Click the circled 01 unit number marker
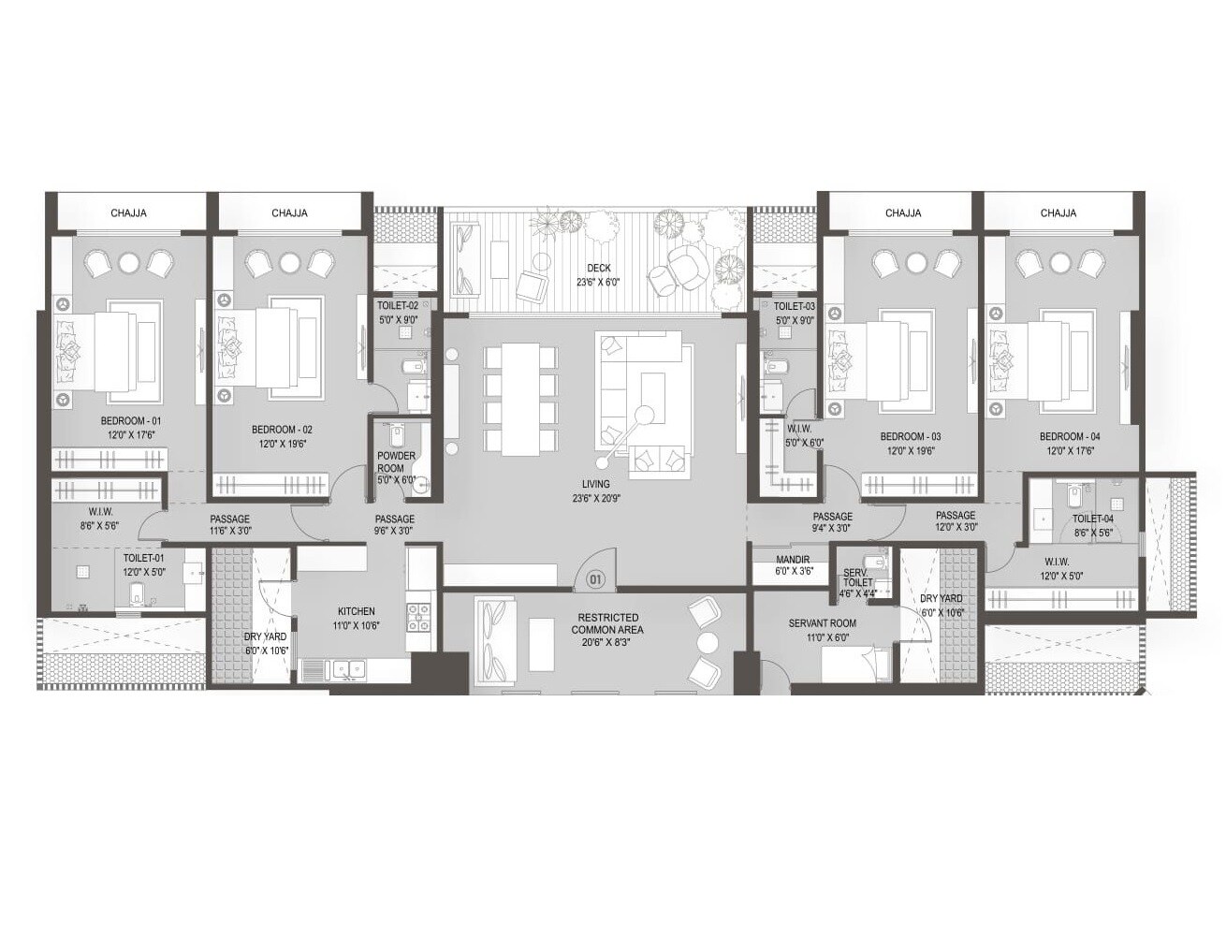click(x=595, y=579)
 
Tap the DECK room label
click(x=599, y=269)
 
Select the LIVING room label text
click(x=595, y=484)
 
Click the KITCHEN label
click(x=356, y=612)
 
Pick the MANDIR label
click(x=792, y=559)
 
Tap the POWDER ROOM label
click(x=396, y=462)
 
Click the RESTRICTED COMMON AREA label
click(x=607, y=624)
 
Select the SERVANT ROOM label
click(x=822, y=623)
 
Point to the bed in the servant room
click(x=855, y=664)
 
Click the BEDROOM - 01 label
click(x=131, y=422)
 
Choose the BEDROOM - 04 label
click(x=1070, y=437)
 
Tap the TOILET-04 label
click(x=1092, y=519)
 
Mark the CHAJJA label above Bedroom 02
click(x=289, y=213)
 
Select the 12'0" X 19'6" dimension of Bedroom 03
click(x=911, y=451)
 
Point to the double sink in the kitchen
click(x=344, y=669)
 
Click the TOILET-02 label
click(x=398, y=306)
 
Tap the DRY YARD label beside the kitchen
click(x=266, y=636)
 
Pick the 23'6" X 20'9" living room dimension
click(x=595, y=498)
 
